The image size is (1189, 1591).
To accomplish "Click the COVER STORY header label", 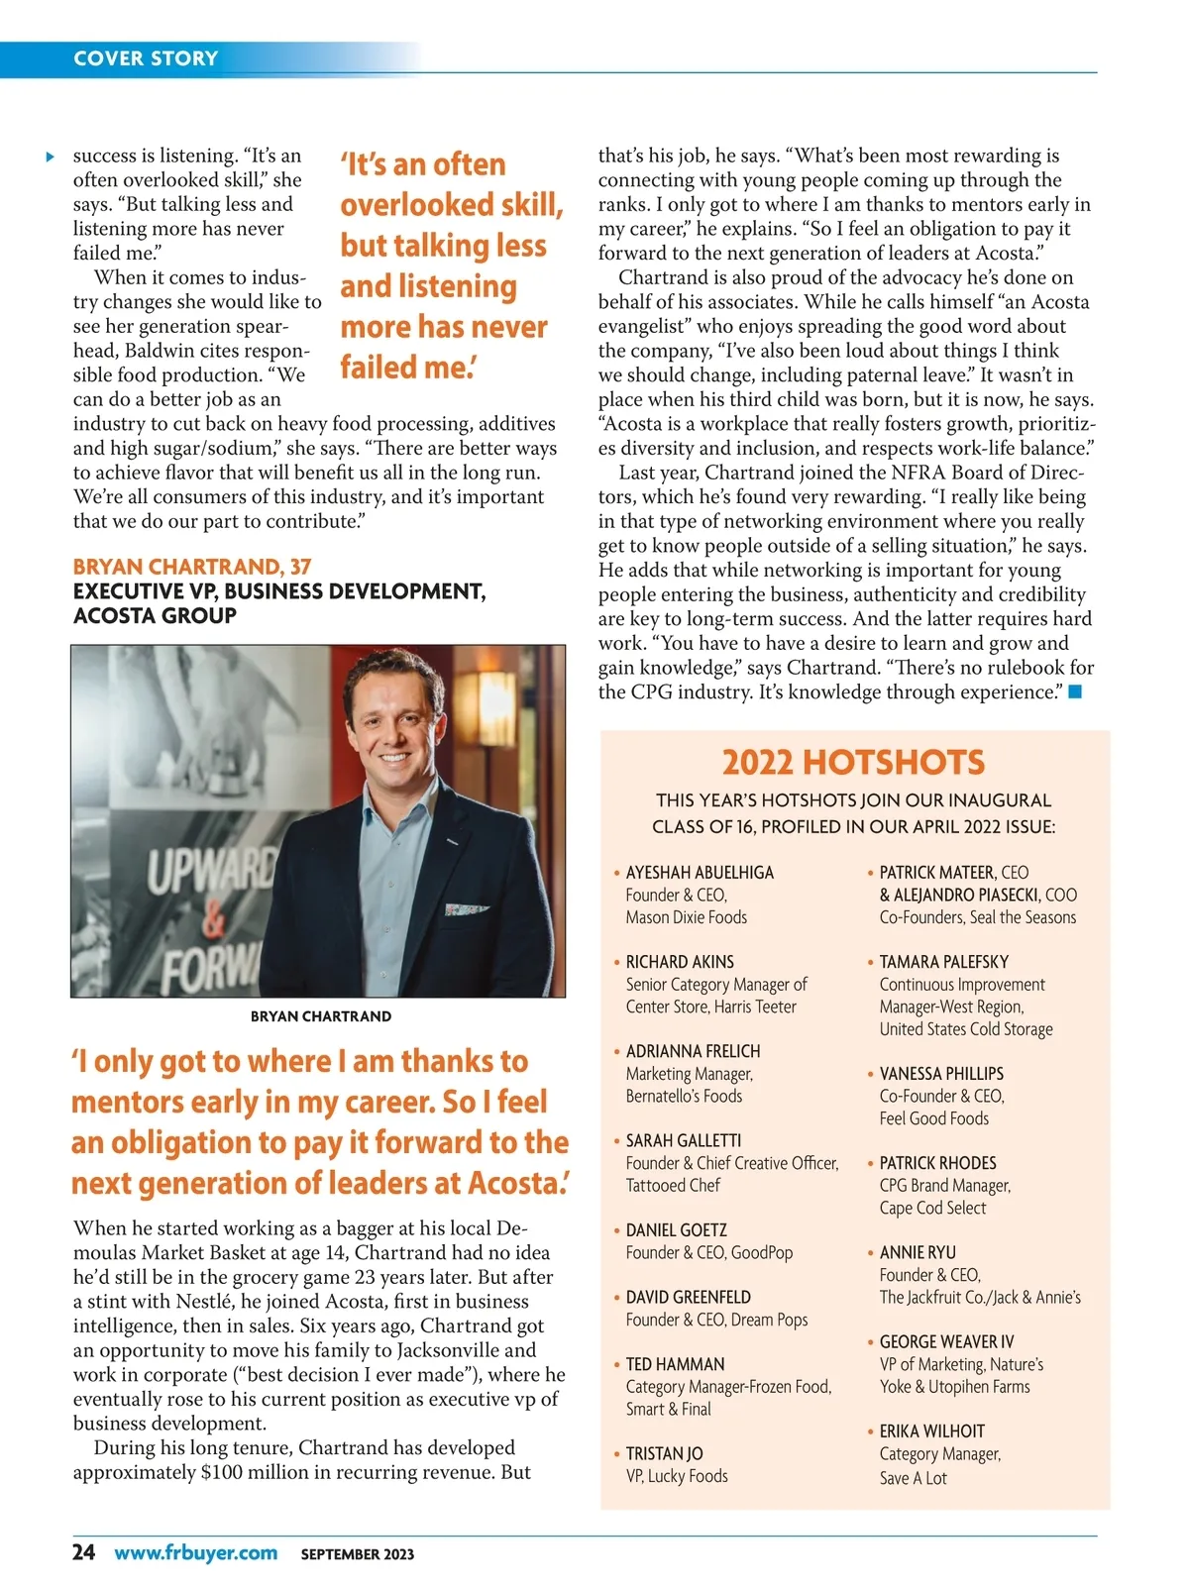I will pos(146,58).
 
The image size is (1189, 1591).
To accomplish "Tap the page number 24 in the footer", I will pos(84,1551).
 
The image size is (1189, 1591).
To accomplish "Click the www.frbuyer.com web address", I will pos(195,1552).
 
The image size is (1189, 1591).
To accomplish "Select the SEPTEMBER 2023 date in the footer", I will pos(358,1554).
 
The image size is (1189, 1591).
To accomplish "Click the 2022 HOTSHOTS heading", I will pos(853,762).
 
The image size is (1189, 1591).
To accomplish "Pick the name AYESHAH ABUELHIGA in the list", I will pos(700,873).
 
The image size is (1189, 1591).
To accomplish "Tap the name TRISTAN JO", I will pos(664,1453).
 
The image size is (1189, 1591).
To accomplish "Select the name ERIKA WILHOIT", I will pos(931,1432).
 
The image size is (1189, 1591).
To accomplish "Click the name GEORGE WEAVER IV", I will pos(946,1342).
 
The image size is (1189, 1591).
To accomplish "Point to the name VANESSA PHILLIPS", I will pos(941,1074).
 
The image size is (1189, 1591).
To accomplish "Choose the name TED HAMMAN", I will pos(675,1364).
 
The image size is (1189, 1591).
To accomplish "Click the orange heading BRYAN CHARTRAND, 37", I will pos(192,567).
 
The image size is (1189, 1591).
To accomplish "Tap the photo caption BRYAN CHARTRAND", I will pos(320,1016).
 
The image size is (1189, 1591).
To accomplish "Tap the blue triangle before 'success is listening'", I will pos(50,157).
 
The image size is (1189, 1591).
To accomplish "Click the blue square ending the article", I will pos(1075,691).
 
